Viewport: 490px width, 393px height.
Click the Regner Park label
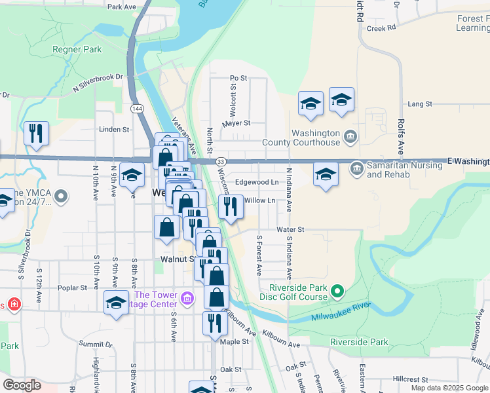tap(78, 49)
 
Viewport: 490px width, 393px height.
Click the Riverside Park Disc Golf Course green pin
tap(337, 290)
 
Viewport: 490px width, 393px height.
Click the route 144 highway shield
tap(136, 108)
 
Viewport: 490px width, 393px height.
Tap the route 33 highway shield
tap(221, 162)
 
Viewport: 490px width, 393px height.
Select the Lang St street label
tap(420, 104)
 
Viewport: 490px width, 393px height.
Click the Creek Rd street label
tap(381, 28)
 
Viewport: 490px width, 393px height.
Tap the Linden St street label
tap(113, 130)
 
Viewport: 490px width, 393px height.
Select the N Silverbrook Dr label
tap(98, 81)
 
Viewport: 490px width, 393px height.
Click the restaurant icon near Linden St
tap(37, 132)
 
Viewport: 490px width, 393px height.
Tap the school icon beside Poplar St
tap(116, 303)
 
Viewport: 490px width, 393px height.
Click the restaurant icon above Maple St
tap(214, 323)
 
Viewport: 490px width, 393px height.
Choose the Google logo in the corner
tap(22, 385)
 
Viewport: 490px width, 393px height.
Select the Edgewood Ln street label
tap(257, 182)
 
